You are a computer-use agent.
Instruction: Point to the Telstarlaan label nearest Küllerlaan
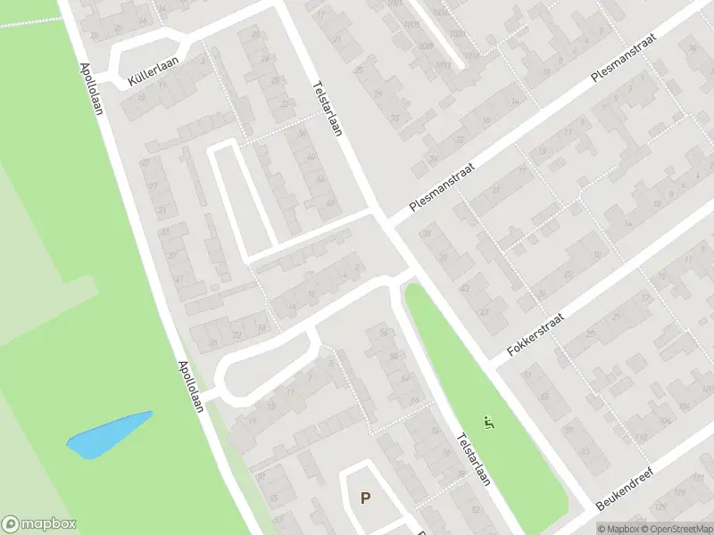tap(328, 108)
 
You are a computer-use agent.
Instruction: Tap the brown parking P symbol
tap(364, 498)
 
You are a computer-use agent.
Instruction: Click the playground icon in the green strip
tap(487, 421)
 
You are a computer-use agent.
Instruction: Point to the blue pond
tap(109, 434)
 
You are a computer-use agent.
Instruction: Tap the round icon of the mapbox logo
tap(11, 524)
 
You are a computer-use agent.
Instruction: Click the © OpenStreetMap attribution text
tap(677, 529)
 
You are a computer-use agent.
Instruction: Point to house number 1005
tap(411, 24)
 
